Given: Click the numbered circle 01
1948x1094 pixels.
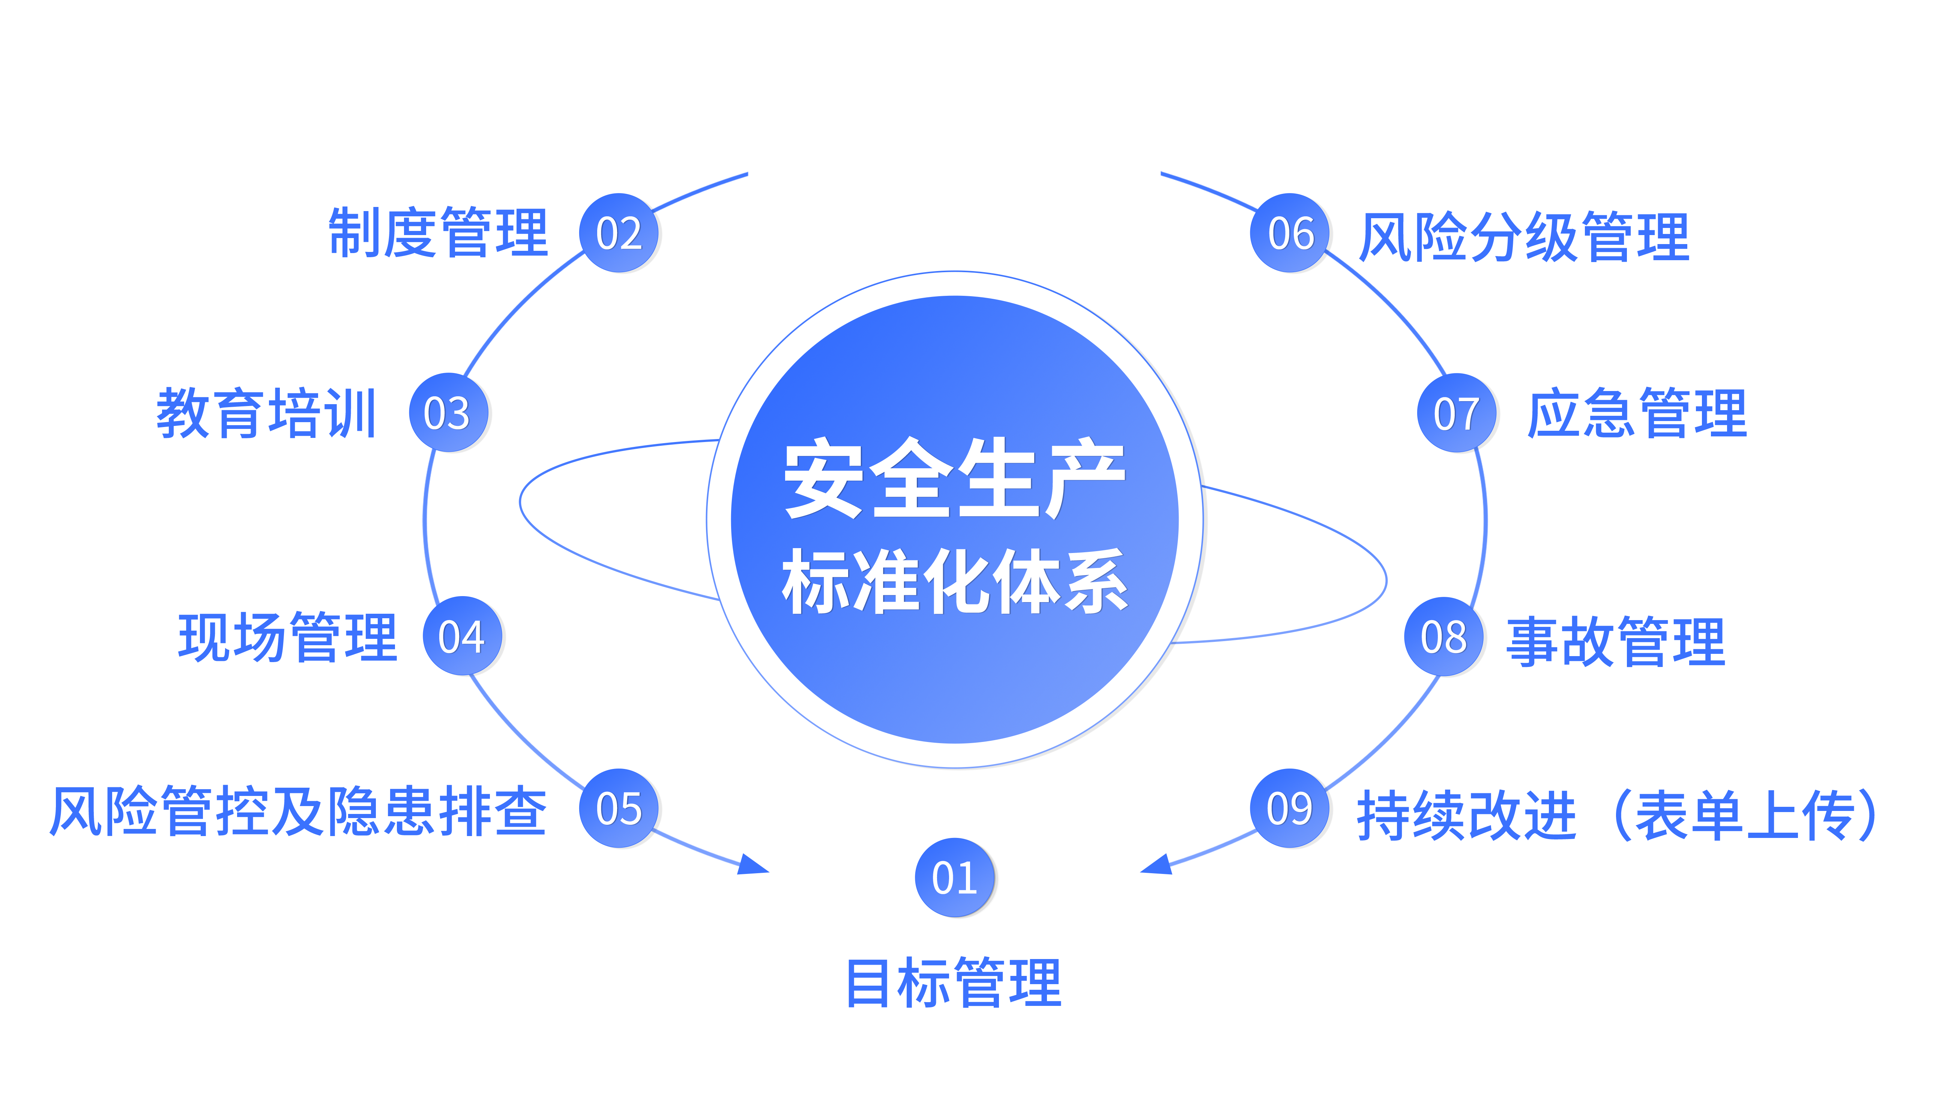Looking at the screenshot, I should click(x=954, y=878).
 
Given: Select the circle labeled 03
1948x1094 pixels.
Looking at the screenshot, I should click(x=448, y=413).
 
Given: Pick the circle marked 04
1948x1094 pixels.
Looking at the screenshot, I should click(x=461, y=637).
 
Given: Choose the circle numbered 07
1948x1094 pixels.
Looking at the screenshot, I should click(x=1457, y=413).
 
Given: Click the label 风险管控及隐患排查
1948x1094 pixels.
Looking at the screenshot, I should click(x=297, y=811).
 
